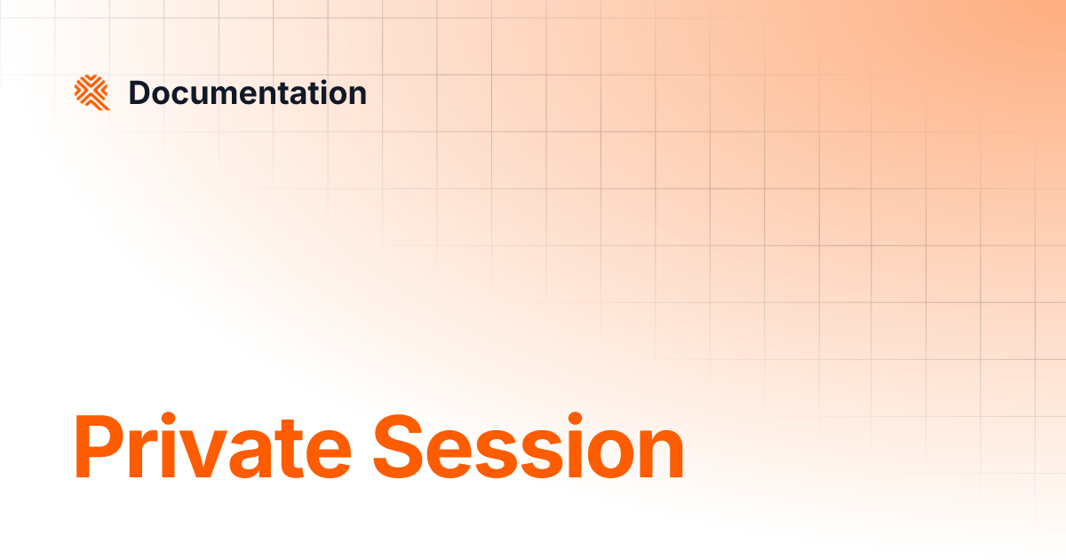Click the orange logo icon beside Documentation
pyautogui.click(x=91, y=92)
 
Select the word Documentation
pyautogui.click(x=247, y=92)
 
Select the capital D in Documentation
pyautogui.click(x=139, y=92)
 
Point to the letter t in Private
pyautogui.click(x=292, y=452)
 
